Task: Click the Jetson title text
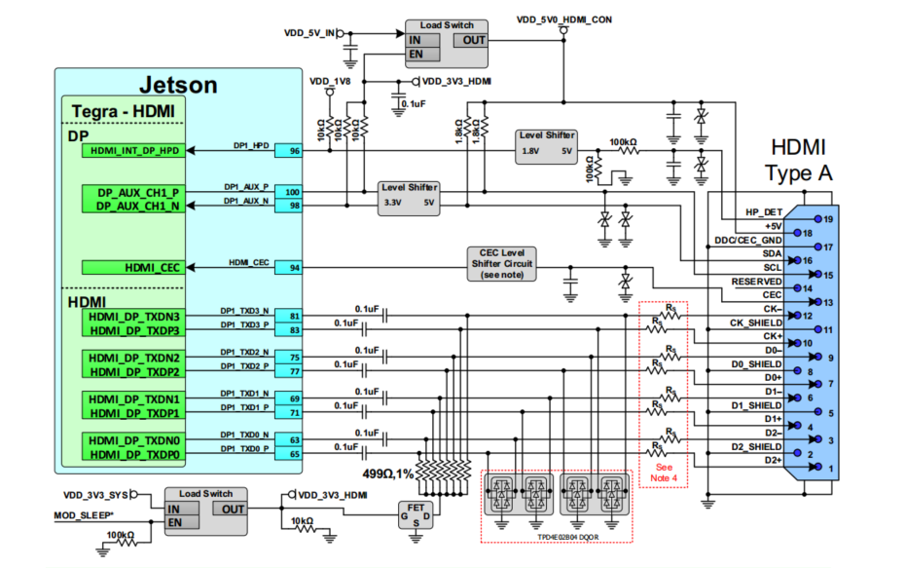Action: pos(177,85)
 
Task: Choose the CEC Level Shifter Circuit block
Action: pos(501,262)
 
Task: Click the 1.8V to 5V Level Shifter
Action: pos(548,144)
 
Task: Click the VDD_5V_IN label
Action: pos(308,33)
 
